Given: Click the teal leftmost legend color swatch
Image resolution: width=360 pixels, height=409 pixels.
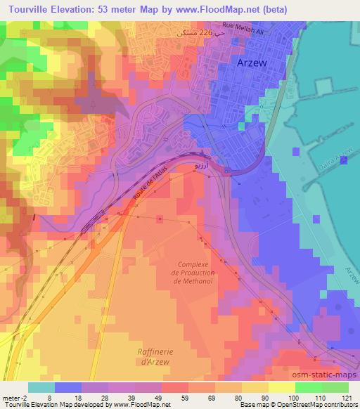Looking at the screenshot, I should (41, 387).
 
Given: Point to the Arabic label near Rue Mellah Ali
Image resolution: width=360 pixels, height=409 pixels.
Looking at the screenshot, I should (191, 32).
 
